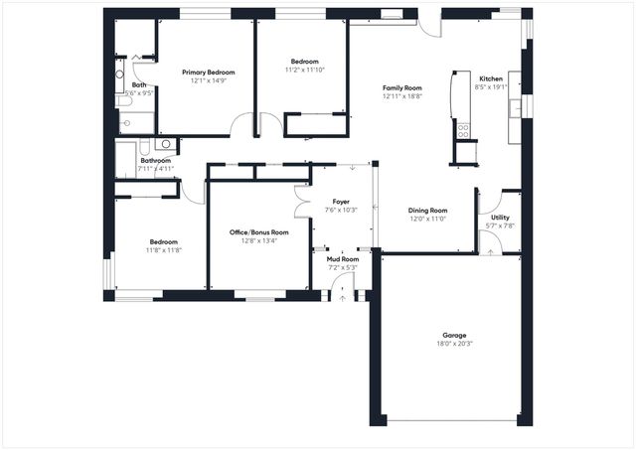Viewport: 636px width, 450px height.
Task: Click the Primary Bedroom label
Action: point(208,73)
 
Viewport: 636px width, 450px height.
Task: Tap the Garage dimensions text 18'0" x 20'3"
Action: point(454,344)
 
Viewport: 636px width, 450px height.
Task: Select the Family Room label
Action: point(402,88)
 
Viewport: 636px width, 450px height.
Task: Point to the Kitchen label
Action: point(492,78)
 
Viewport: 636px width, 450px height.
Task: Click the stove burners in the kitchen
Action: point(463,129)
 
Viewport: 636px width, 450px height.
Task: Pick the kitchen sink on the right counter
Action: point(514,109)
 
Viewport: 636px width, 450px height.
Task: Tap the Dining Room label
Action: point(428,211)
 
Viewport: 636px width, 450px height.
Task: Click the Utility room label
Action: point(500,218)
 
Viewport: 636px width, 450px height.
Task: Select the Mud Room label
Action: point(342,258)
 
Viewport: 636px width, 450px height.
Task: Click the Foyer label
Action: point(341,202)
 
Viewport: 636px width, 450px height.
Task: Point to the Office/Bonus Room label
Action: point(259,232)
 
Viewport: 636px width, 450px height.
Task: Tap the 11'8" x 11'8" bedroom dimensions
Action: point(164,250)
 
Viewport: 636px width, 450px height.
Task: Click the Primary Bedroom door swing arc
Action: point(240,125)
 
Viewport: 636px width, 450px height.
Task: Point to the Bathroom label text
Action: point(155,161)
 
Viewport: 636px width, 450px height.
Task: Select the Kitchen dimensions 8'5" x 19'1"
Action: point(492,87)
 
